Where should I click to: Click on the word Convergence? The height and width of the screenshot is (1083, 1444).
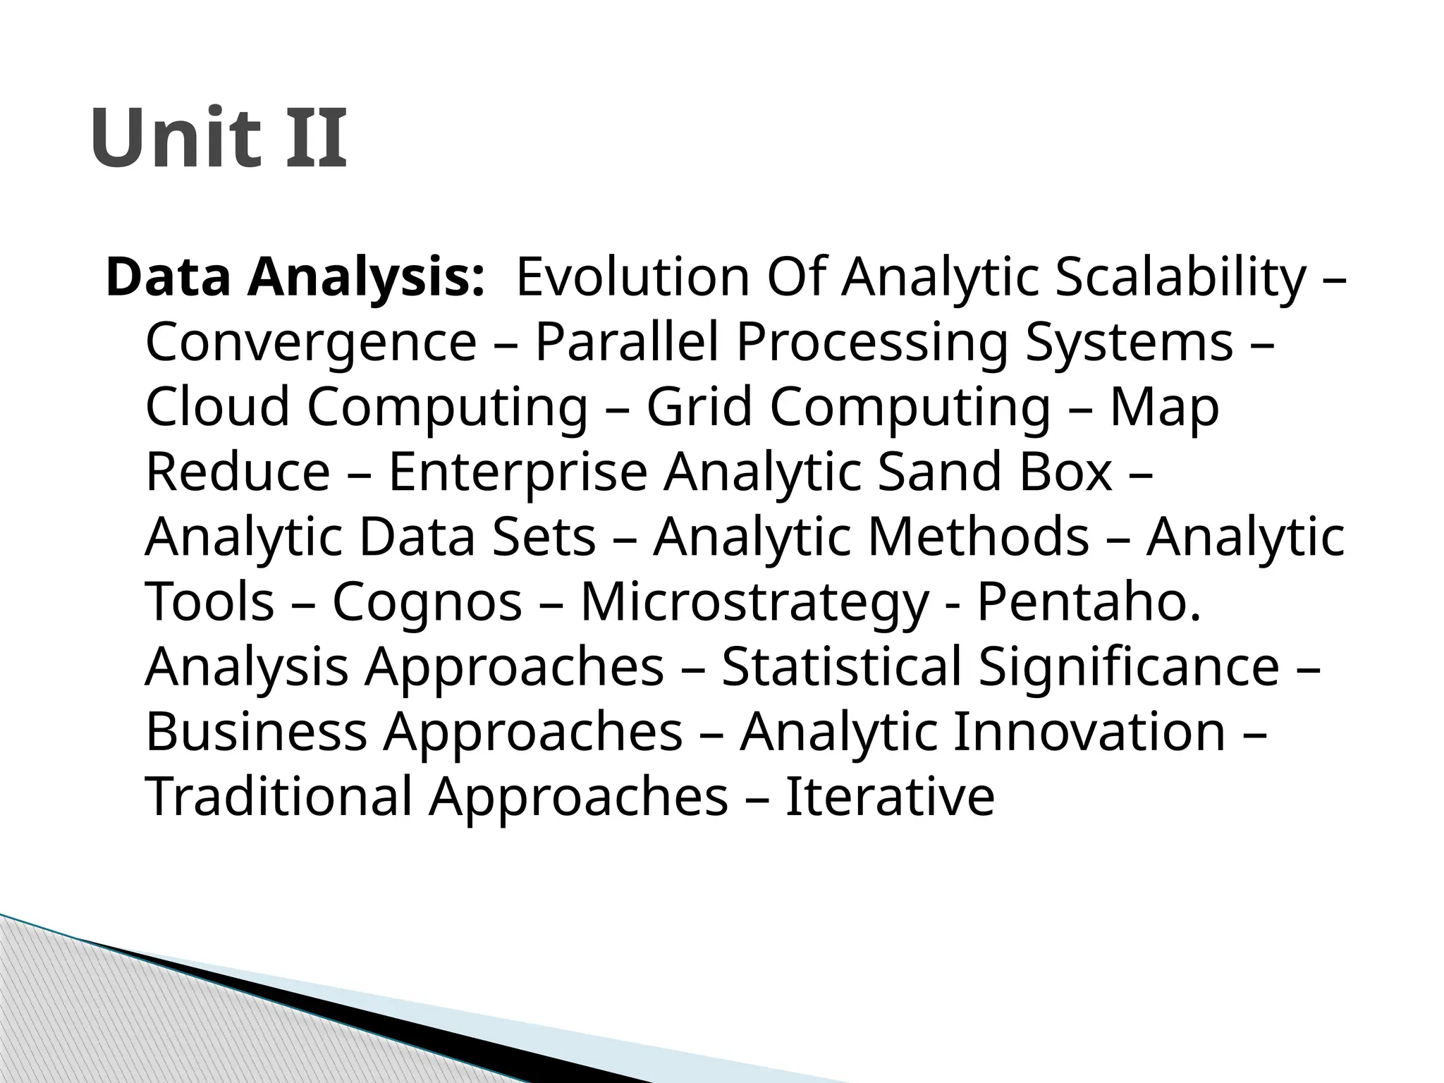click(x=311, y=343)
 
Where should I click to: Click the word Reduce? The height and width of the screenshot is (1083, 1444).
click(x=238, y=472)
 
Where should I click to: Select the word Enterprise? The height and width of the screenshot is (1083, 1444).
click(x=518, y=472)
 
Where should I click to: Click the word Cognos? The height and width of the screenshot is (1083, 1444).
click(x=427, y=603)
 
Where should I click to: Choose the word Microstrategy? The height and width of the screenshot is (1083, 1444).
click(x=754, y=603)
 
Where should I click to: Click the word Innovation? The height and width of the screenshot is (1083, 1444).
click(x=1089, y=733)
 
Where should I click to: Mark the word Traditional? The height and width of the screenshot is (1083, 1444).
click(x=279, y=797)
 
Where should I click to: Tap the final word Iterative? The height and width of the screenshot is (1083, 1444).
click(x=889, y=797)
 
